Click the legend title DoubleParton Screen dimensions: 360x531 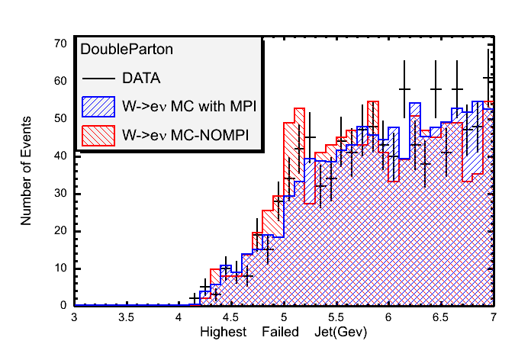click(127, 49)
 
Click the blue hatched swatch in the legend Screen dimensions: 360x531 click(98, 105)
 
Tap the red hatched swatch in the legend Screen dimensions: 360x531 click(98, 135)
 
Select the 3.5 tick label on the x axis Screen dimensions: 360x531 click(126, 317)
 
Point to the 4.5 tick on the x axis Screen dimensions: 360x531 click(231, 317)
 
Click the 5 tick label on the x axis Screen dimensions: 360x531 click(284, 317)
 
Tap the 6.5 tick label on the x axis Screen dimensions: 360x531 click(441, 317)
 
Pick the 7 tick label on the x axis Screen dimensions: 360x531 click(494, 317)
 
